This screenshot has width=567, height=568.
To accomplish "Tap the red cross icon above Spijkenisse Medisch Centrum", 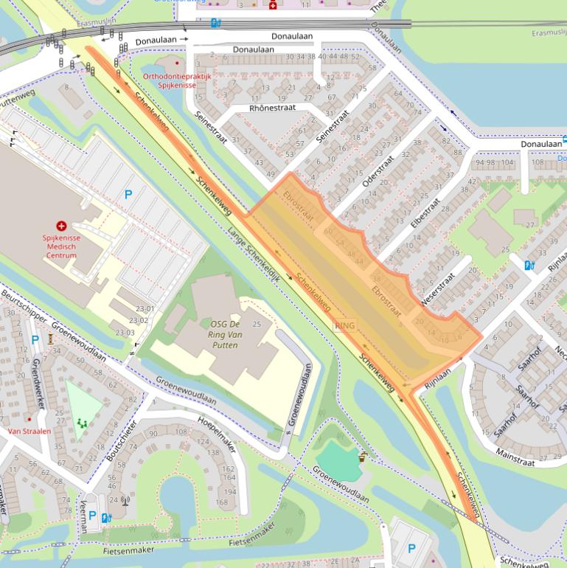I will (x=61, y=226).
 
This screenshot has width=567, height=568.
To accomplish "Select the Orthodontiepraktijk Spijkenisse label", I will (x=177, y=80).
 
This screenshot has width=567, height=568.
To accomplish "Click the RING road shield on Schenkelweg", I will (x=344, y=325).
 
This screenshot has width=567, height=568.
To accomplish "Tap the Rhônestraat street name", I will (x=272, y=108).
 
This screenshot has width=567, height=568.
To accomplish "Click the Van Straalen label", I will (x=29, y=431).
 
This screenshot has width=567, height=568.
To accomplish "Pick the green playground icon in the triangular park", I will (x=81, y=423).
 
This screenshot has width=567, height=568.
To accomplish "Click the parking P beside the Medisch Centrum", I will (x=128, y=195).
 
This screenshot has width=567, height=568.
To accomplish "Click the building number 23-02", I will (x=138, y=321).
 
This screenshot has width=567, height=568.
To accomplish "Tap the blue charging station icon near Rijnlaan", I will (x=528, y=266).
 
